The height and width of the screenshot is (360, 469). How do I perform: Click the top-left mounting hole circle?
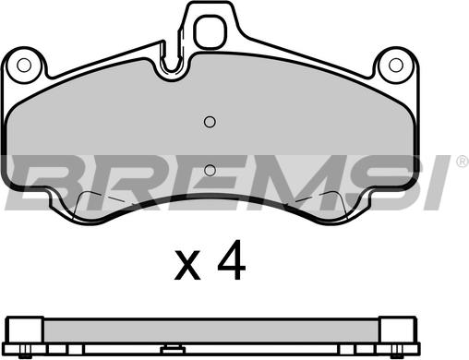click(24, 65)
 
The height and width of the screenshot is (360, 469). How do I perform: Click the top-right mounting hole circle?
click(396, 65)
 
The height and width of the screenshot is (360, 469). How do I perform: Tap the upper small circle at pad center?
click(210, 122)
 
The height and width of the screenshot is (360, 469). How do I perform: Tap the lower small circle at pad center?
click(210, 170)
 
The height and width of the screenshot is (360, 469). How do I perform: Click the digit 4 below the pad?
click(232, 259)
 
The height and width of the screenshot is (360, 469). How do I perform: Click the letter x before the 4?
click(187, 265)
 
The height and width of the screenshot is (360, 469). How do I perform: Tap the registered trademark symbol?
click(463, 161)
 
